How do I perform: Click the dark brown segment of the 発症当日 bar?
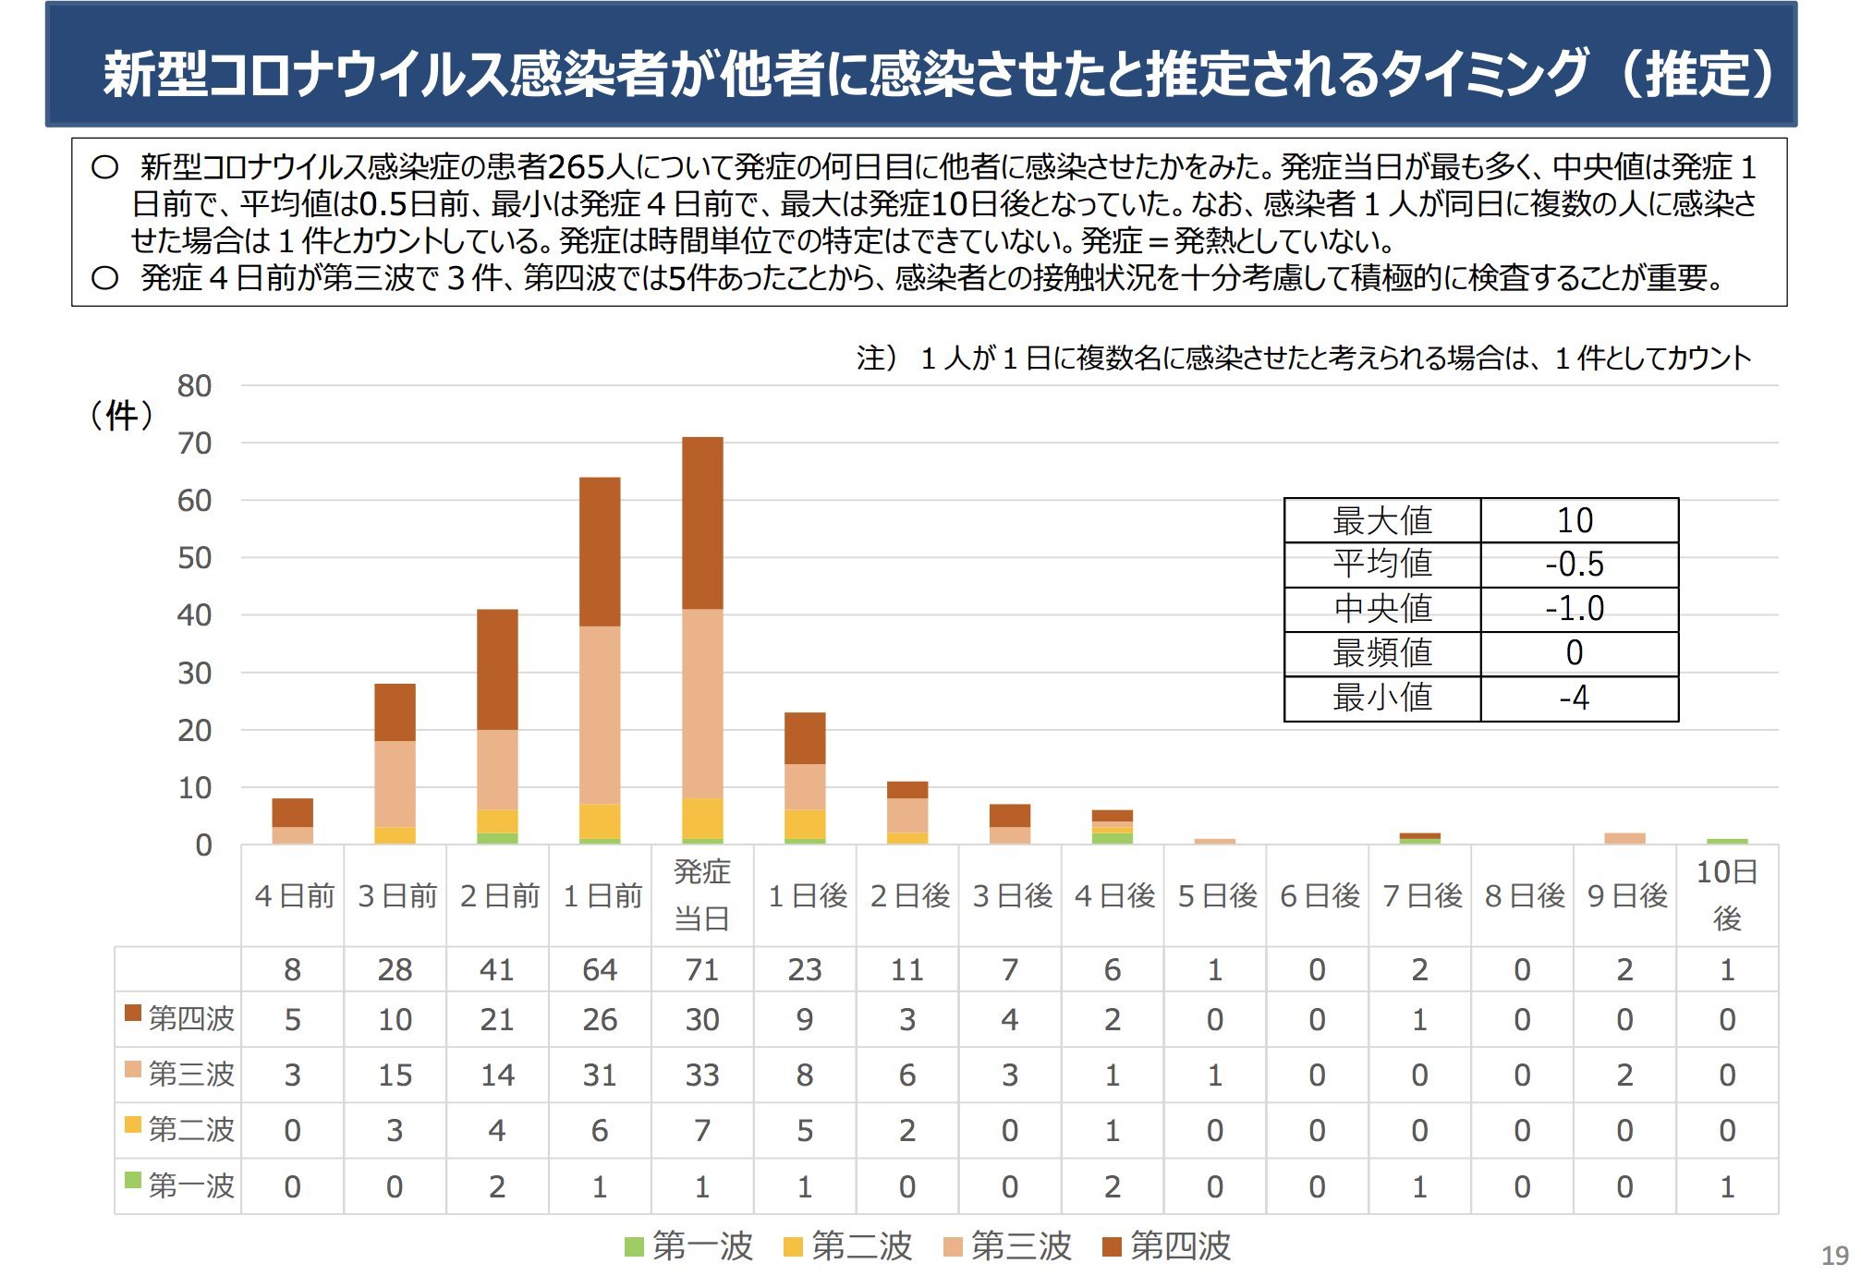point(702,523)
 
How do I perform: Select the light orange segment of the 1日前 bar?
point(600,715)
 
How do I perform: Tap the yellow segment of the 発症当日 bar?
point(702,818)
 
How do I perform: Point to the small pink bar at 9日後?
point(1624,838)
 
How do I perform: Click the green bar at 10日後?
point(1726,841)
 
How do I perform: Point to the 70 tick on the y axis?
point(195,444)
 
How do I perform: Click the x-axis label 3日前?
point(396,895)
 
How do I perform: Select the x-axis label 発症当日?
point(702,894)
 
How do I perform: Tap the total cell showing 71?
point(702,969)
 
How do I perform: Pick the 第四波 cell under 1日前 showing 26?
point(600,1020)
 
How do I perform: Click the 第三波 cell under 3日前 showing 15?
point(395,1075)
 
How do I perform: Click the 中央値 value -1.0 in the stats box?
point(1575,609)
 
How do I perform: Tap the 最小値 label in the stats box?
point(1382,698)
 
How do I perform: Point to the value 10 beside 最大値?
point(1575,521)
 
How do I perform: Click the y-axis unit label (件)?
point(122,416)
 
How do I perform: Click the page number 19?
point(1834,1256)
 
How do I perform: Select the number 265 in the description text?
point(577,167)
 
